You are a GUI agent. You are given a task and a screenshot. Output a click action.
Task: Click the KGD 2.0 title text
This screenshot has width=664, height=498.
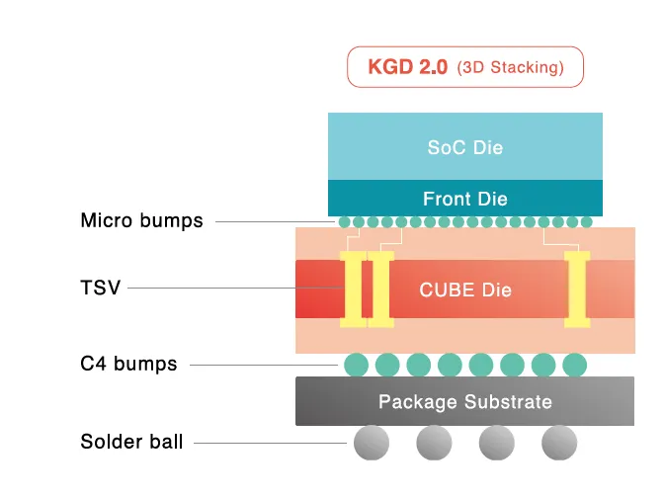[408, 68]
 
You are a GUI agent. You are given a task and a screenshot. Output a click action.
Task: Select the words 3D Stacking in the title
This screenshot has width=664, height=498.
[511, 68]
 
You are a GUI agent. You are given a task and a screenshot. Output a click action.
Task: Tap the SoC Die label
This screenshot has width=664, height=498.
[464, 148]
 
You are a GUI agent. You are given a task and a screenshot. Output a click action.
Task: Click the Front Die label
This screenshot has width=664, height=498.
[464, 199]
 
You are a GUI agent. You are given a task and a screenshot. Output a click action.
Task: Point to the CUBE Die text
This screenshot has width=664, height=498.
[464, 290]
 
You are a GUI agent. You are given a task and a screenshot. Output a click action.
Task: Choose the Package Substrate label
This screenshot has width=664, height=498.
[464, 402]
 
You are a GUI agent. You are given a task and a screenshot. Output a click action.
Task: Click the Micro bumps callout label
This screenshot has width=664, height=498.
[141, 221]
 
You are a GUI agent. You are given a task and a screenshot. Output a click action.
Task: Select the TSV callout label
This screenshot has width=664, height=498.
[100, 288]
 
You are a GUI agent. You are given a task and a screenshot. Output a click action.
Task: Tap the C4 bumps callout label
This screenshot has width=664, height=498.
[128, 364]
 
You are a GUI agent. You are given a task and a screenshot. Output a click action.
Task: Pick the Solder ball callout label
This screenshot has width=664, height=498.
[131, 442]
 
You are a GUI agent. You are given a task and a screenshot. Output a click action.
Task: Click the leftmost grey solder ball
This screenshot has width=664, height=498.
[372, 442]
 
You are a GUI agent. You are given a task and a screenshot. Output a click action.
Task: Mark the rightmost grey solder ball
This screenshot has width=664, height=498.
[558, 442]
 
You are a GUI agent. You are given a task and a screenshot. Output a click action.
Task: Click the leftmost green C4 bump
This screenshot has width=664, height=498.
[356, 365]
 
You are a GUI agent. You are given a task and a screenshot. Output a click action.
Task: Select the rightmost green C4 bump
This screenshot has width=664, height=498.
[574, 365]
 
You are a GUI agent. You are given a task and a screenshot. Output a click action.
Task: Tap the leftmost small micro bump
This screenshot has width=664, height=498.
[345, 222]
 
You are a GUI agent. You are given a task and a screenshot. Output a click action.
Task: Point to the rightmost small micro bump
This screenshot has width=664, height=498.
[586, 222]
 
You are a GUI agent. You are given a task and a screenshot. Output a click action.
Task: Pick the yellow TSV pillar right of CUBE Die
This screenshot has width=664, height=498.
[576, 289]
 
